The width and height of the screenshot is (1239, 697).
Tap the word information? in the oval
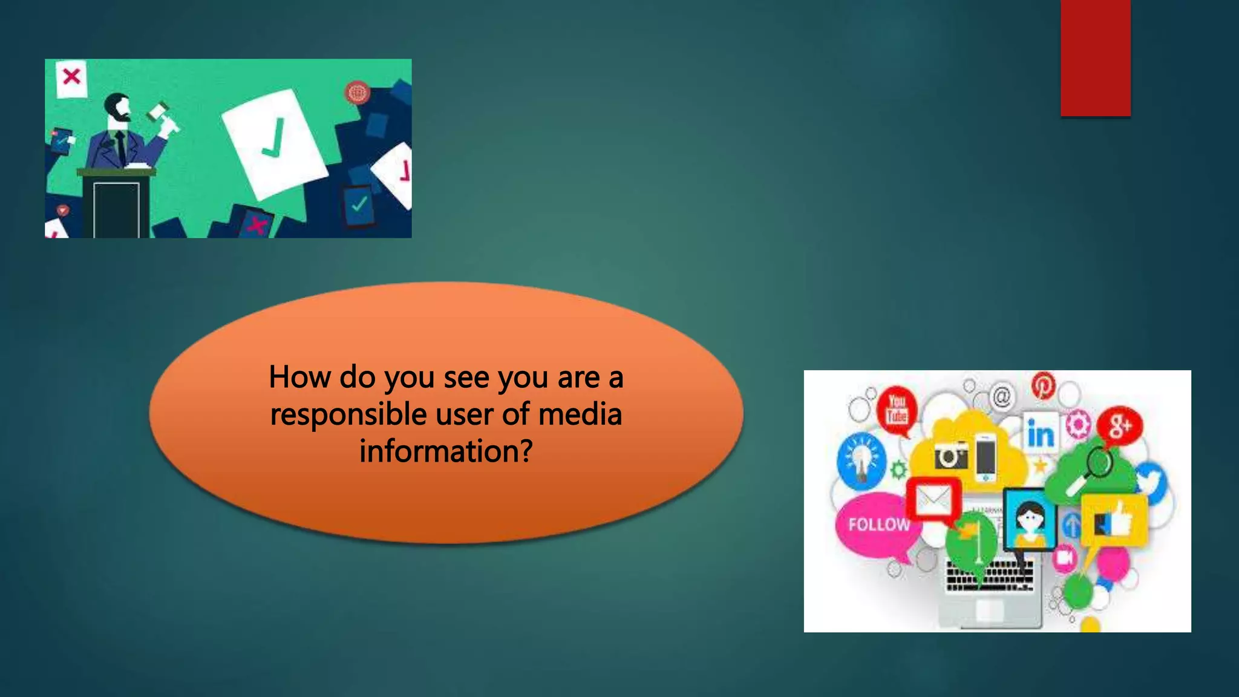[446, 452]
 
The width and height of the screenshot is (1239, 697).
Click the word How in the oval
[299, 378]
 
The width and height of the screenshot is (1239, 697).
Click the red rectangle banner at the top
[1095, 57]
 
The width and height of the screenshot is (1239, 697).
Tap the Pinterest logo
[1044, 385]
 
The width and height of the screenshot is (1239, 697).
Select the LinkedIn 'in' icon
[1041, 433]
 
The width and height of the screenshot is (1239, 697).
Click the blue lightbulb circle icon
[861, 461]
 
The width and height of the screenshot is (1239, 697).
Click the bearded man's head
[117, 108]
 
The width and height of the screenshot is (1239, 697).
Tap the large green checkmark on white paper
[273, 138]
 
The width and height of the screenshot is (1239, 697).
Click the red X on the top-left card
[71, 77]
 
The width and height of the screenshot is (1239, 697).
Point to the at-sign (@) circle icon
[1002, 398]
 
